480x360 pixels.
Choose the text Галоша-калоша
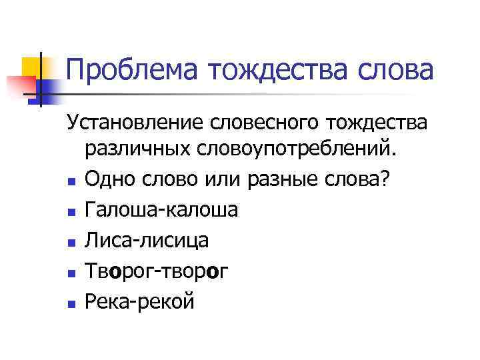(161, 209)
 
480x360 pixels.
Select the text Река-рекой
(139, 301)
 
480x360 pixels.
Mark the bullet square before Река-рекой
(71, 303)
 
